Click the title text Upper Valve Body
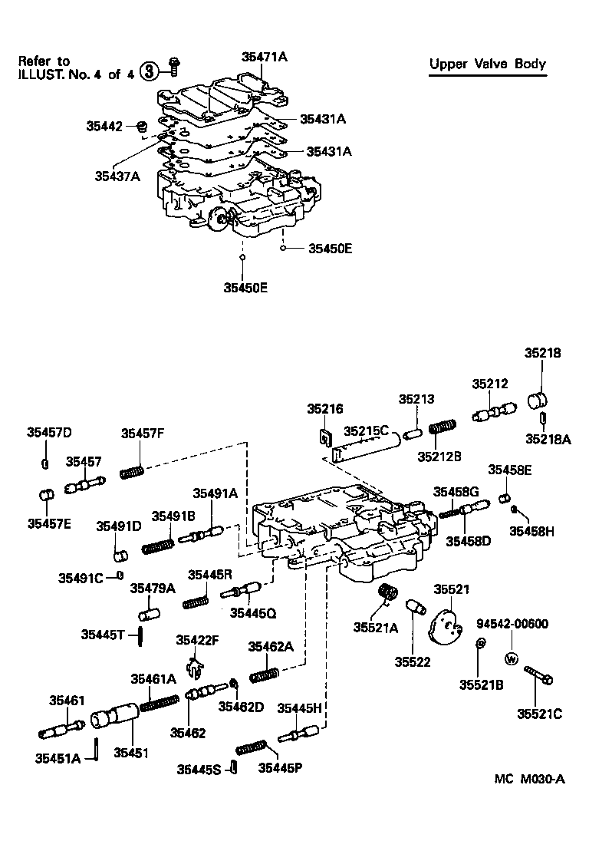[x=488, y=64]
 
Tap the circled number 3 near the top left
[x=151, y=71]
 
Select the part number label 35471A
[x=264, y=56]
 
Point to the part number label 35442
[x=106, y=125]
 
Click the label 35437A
[x=117, y=176]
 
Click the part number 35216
[x=324, y=409]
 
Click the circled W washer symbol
[x=512, y=658]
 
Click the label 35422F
[x=198, y=641]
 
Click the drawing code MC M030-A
[x=529, y=779]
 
